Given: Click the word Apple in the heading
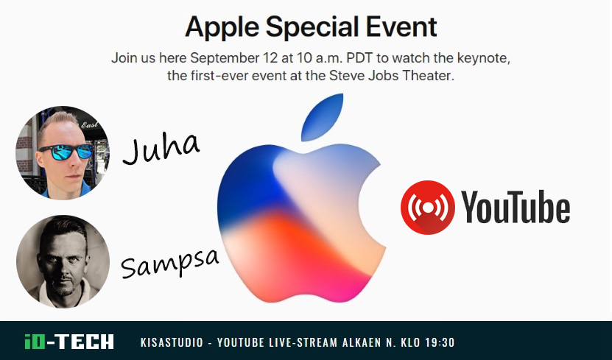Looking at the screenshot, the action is click(222, 28).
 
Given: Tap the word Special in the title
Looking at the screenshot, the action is click(312, 28).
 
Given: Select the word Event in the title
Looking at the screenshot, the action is click(401, 27).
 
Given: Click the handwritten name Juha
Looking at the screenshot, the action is click(161, 148).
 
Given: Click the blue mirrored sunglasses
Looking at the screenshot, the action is click(66, 152).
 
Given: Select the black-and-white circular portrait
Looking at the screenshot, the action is click(63, 261).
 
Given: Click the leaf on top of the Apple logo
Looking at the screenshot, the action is click(322, 117).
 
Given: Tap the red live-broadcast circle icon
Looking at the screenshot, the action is click(427, 207).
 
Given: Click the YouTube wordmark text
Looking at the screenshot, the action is click(516, 207).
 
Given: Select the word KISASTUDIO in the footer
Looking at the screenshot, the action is click(172, 342).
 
